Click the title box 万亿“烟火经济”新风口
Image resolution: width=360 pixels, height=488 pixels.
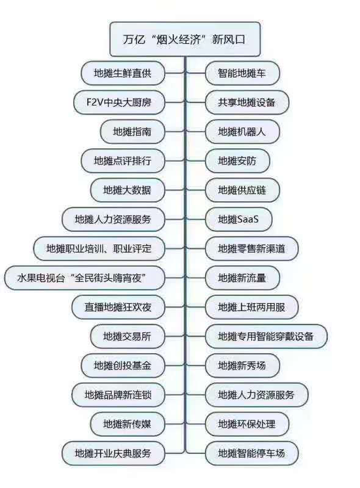[185, 39]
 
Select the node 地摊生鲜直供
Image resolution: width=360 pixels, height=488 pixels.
[123, 73]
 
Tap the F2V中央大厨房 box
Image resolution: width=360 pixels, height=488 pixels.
[119, 102]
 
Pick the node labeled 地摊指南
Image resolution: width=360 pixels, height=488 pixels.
[132, 132]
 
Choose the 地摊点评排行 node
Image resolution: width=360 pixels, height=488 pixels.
[123, 161]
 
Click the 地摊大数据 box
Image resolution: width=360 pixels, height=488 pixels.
[128, 190]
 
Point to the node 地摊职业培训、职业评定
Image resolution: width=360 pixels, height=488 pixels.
[99, 248]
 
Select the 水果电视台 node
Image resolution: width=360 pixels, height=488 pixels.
[84, 278]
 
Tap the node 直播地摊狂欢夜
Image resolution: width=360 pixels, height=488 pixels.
[118, 307]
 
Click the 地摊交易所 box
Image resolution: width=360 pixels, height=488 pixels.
[128, 336]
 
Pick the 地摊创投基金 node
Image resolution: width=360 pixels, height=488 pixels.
[123, 366]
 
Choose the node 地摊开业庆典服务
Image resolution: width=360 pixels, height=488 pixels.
[113, 453]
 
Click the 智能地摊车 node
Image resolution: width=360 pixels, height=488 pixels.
[242, 73]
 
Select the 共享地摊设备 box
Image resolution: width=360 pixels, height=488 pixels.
[247, 102]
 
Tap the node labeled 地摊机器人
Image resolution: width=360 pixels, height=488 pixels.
[242, 132]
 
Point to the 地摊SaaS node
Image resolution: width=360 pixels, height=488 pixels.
[238, 219]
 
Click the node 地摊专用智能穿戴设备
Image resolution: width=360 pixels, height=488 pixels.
[266, 336]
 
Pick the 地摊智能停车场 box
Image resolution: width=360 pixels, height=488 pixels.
[252, 453]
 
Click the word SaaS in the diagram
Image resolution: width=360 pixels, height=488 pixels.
[248, 219]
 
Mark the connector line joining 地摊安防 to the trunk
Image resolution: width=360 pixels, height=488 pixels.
[196, 161]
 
